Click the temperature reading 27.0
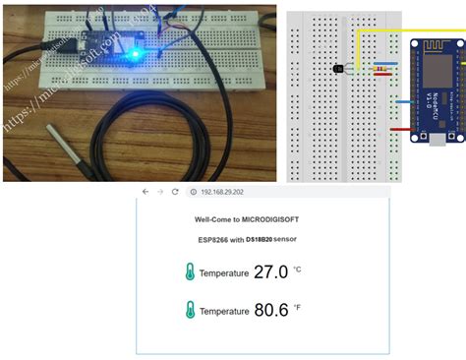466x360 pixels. click(x=270, y=271)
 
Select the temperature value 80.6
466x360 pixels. click(x=270, y=310)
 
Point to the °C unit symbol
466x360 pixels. click(x=297, y=269)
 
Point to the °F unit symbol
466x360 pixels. click(x=297, y=307)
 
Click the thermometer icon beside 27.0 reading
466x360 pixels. click(x=189, y=272)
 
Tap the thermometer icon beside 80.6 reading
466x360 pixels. click(x=189, y=311)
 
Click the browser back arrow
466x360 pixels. click(x=146, y=192)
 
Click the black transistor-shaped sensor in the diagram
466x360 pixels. click(x=339, y=70)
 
